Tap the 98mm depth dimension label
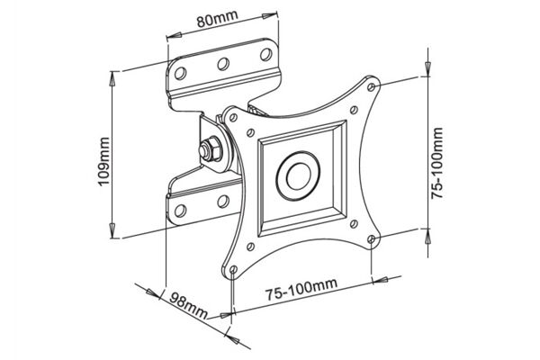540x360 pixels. coord(186,305)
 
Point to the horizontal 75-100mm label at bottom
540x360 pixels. coord(301,288)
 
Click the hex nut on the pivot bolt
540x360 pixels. coord(209,147)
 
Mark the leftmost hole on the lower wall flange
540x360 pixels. coord(180,211)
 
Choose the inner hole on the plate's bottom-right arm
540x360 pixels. coord(355,224)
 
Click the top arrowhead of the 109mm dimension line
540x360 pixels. coord(112,71)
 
